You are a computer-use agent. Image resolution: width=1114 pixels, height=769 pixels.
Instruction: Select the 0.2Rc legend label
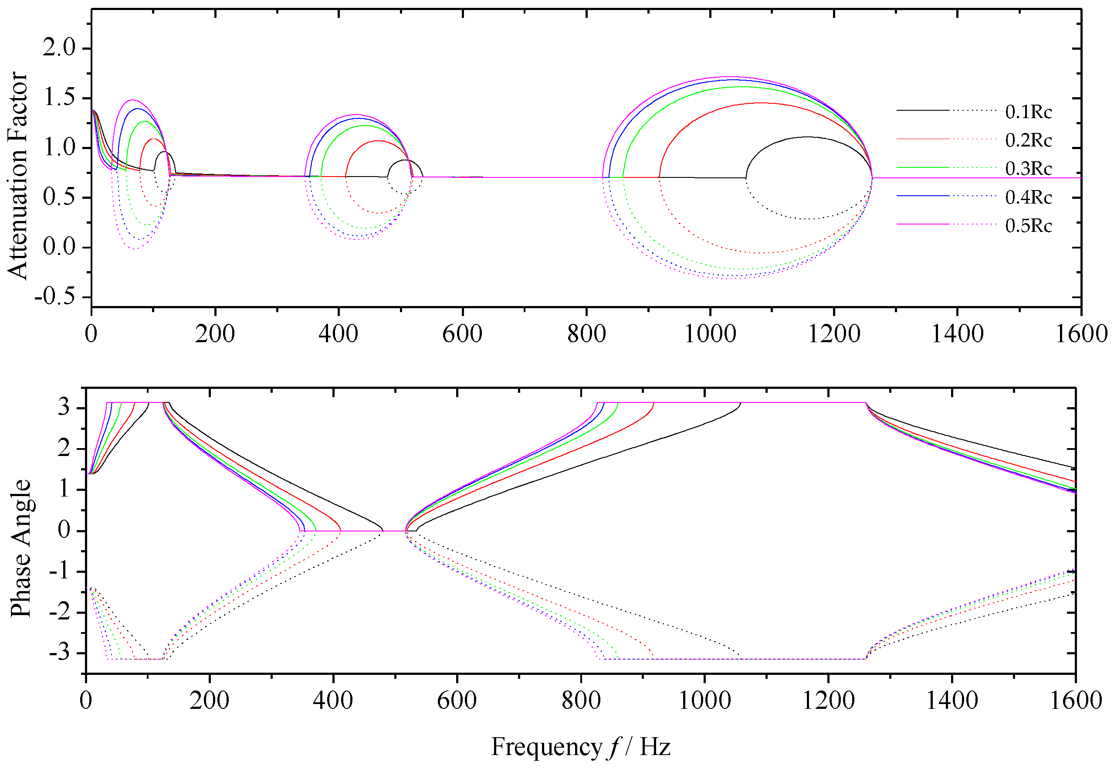coord(1028,140)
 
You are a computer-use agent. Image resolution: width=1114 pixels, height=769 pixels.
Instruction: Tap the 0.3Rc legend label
coord(1028,169)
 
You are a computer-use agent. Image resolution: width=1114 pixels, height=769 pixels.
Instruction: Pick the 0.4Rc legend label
coord(1028,197)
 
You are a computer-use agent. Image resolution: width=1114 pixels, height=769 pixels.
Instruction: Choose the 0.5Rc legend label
coord(1028,225)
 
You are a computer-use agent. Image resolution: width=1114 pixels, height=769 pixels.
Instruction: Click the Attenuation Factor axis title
coord(17,176)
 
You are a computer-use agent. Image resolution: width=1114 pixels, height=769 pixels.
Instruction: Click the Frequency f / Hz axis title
coord(581,747)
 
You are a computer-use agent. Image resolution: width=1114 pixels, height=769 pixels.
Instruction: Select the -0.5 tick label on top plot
coord(55,296)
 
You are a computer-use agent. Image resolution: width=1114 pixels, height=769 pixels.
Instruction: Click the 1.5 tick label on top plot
coord(59,98)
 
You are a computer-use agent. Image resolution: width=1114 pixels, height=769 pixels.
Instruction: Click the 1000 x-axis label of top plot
coord(710,334)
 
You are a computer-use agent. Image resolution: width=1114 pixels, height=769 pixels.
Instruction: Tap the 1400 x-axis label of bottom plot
coord(952,700)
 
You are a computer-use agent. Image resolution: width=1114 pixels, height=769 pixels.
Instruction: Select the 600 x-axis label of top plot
coord(462,334)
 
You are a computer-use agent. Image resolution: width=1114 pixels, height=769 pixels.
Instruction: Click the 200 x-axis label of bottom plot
coord(209,700)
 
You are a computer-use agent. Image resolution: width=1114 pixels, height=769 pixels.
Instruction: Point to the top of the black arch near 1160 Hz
coord(806,137)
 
